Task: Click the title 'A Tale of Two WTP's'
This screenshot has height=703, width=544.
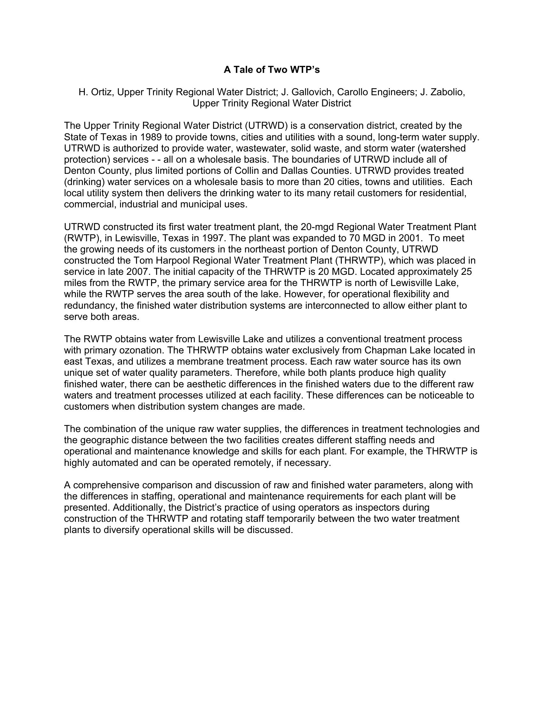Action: [272, 70]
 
